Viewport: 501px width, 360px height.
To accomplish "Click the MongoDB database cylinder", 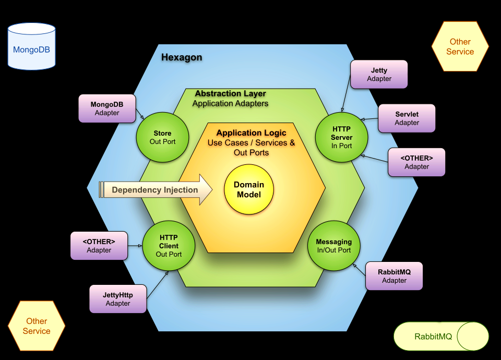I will click(x=32, y=46).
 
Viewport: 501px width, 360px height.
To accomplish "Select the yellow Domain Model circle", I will click(x=249, y=189).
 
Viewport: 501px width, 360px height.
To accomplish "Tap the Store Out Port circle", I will click(x=162, y=137).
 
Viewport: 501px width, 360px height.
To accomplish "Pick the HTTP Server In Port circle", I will click(x=341, y=137).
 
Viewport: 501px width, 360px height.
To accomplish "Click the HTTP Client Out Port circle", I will click(x=169, y=246).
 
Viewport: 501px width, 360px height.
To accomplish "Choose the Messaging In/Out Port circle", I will click(x=333, y=246).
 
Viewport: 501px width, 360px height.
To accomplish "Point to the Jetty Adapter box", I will click(x=379, y=74).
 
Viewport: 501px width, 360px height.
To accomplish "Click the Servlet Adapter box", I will click(x=407, y=118).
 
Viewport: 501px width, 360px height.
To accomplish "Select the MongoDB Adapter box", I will click(x=107, y=109).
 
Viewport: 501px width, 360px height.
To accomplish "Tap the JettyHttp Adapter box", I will click(x=117, y=299).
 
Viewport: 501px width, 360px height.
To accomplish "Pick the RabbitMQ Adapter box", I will click(x=394, y=276).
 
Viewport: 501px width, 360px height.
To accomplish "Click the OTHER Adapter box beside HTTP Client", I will click(x=99, y=246).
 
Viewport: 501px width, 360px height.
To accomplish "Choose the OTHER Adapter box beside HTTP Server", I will click(x=416, y=162).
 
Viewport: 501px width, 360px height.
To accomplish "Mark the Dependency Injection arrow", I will click(x=156, y=190).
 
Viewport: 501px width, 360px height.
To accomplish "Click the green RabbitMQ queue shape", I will click(x=441, y=336).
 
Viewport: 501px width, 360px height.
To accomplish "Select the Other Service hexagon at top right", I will click(x=460, y=46).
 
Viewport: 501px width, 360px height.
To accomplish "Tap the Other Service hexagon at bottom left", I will click(x=37, y=326).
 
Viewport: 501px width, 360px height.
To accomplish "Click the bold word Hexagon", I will click(x=181, y=57).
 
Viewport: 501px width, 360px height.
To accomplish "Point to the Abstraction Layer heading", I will click(x=230, y=94).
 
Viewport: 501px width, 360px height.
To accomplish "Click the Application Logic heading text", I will click(x=251, y=133).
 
